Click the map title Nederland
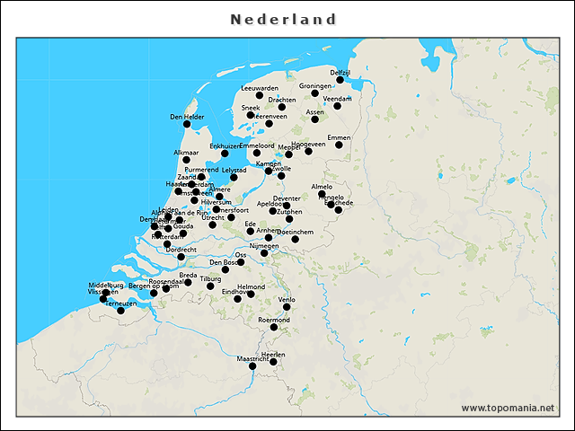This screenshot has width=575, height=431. coord(283,19)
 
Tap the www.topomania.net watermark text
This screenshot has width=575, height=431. coord(508,408)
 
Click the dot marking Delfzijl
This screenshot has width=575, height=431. coord(341,80)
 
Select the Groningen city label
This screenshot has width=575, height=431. coord(315,86)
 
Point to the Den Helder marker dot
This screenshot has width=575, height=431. coord(187,124)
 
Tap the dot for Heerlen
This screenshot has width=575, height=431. coord(273,362)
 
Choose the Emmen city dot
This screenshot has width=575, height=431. coord(339,145)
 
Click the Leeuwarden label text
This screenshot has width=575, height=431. coord(261,88)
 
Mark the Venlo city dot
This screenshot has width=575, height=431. coord(287,307)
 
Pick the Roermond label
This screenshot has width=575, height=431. coord(274,320)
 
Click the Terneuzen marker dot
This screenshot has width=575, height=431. coord(120,311)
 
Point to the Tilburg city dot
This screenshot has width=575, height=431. coord(211,286)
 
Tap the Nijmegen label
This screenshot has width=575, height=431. coord(264,245)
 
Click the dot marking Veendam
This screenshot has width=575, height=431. coord(337,106)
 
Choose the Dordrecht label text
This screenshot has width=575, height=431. coord(181,249)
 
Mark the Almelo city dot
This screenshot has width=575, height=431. coord(322,194)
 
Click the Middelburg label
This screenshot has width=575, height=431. coord(106,285)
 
